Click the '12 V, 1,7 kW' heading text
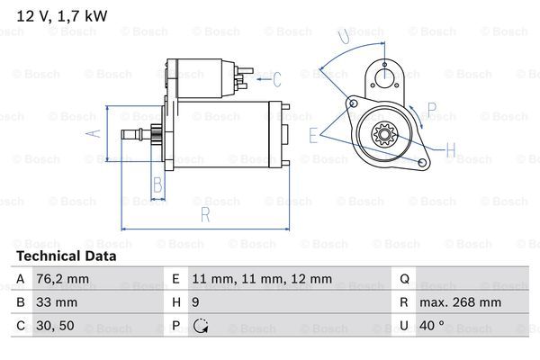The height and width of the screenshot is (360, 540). pyautogui.click(x=53, y=11)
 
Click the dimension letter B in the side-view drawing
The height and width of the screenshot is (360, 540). pyautogui.click(x=157, y=186)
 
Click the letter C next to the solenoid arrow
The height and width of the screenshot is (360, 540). pyautogui.click(x=277, y=79)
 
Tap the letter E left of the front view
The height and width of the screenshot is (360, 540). pyautogui.click(x=312, y=136)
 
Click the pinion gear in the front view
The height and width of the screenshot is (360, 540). pyautogui.click(x=386, y=138)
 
